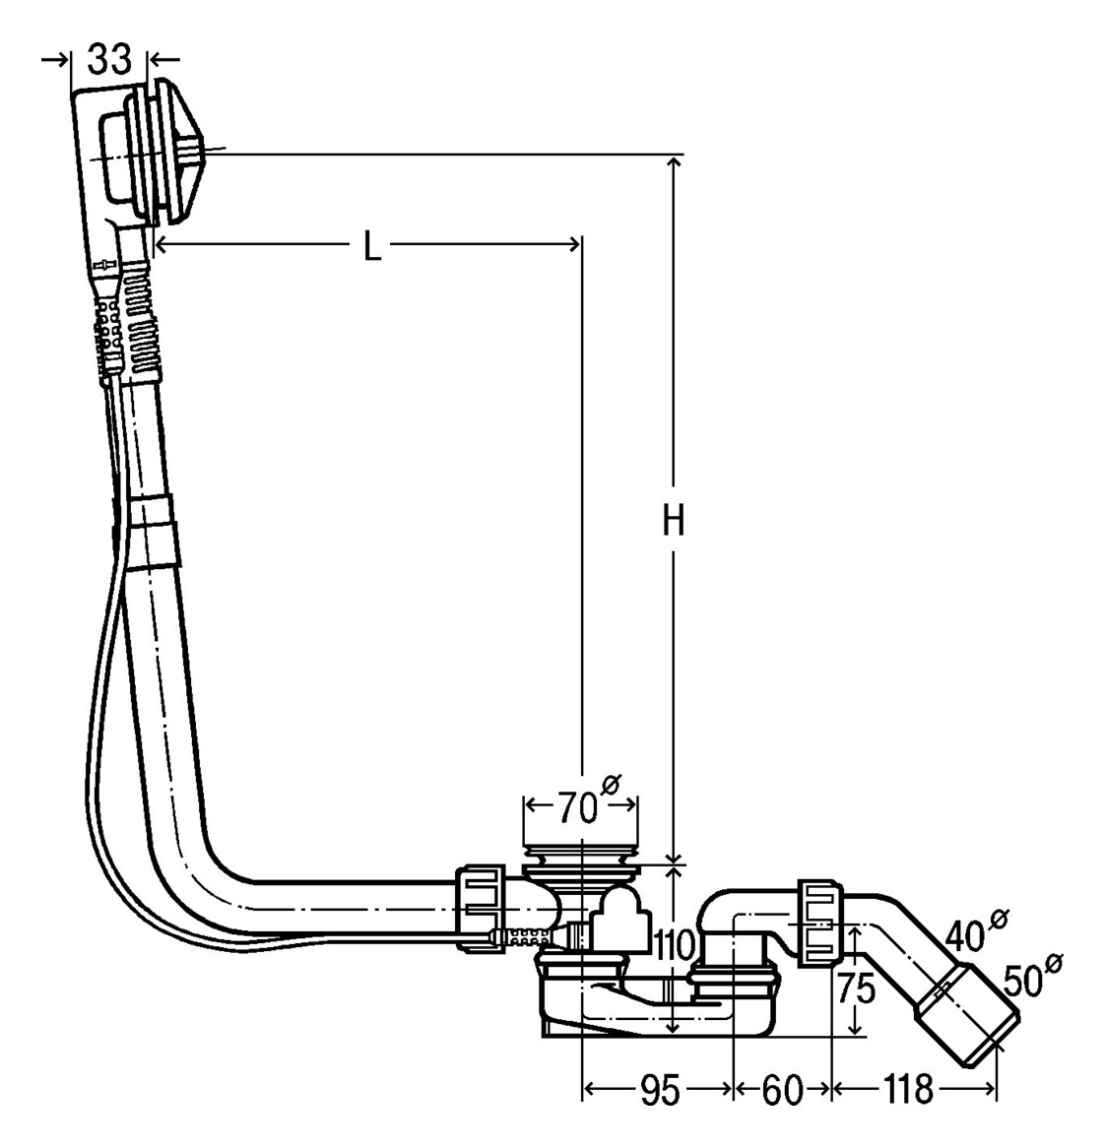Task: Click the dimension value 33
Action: (x=110, y=59)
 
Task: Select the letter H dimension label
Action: (x=674, y=521)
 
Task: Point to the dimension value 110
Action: (x=673, y=946)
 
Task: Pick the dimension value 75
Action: (x=855, y=989)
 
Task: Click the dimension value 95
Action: (x=660, y=1090)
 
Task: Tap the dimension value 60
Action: (x=782, y=1090)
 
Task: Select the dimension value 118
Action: (x=908, y=1090)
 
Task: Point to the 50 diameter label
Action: (x=1031, y=976)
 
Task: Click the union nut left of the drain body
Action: (x=482, y=909)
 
